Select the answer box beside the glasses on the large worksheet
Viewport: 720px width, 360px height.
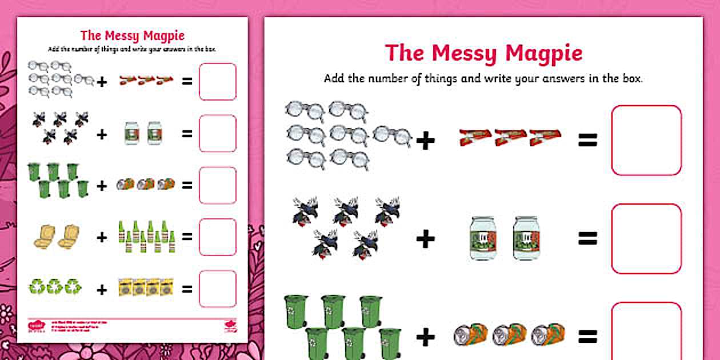(x=646, y=140)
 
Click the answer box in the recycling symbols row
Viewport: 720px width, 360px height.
(x=217, y=289)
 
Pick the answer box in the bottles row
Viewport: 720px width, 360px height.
(x=217, y=237)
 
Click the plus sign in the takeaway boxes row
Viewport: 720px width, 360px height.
(x=102, y=237)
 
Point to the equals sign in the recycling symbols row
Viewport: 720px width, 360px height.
(x=187, y=289)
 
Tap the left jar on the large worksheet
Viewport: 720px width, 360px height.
(x=482, y=238)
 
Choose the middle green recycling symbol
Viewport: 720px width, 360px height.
(x=55, y=286)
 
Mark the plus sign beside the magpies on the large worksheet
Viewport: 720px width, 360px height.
(x=425, y=239)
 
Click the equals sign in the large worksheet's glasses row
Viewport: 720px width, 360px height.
(x=587, y=141)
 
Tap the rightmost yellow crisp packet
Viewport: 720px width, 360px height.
(x=167, y=287)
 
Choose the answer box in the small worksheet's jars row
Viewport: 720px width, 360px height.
(x=217, y=133)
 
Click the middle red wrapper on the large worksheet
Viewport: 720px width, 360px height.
(x=510, y=138)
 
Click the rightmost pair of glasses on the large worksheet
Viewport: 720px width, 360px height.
(x=392, y=136)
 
